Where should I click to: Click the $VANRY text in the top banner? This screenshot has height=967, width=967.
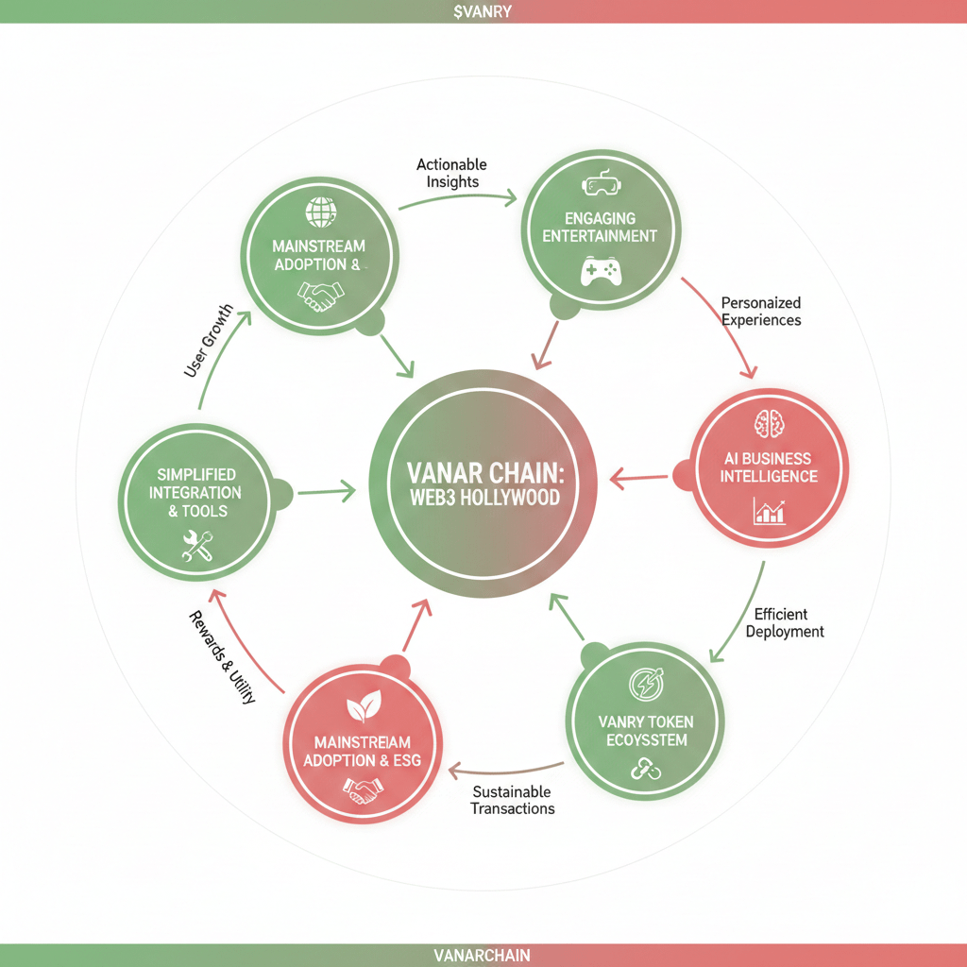point(483,11)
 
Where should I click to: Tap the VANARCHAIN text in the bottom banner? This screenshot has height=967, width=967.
point(483,955)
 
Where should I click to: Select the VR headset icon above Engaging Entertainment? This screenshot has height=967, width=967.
point(600,183)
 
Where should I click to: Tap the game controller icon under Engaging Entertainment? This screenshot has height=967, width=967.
point(600,273)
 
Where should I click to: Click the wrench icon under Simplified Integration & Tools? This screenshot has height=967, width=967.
point(198,546)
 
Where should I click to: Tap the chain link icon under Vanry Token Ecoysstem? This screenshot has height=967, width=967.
point(646,772)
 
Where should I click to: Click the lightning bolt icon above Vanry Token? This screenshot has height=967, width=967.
point(646,685)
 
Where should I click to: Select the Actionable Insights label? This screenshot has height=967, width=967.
point(453,173)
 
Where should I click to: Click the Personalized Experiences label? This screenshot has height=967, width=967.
point(761,311)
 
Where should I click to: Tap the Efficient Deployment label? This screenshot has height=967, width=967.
point(784,622)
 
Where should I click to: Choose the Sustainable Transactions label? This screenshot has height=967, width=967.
point(513,800)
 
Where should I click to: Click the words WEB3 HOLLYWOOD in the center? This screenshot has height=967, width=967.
point(484,497)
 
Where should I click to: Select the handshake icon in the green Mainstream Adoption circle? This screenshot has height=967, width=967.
point(319,295)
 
